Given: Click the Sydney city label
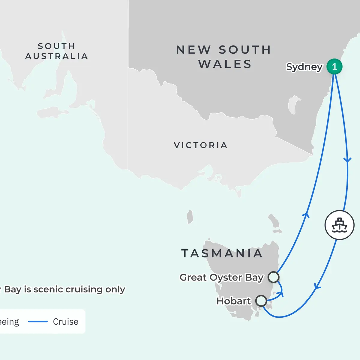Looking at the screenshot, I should coord(304,67).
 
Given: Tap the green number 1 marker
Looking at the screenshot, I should coord(334,66).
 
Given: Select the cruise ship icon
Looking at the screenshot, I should coord(339,225).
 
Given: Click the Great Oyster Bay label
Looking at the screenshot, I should coord(221,277).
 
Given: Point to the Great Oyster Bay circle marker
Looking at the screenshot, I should coord(273,277).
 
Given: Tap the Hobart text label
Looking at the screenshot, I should coord(233,301).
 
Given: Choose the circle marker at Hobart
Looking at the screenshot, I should coord(261,300).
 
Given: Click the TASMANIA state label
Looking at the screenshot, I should coord(222,253).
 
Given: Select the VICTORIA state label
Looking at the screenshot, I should coord(200,145).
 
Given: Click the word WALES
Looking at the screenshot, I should coord(225,64).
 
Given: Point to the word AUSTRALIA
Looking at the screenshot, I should coord(56,56).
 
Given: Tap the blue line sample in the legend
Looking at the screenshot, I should coord(38,322).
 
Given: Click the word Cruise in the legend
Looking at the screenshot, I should coord(66,322).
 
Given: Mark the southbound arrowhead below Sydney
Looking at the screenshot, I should coord(347,160).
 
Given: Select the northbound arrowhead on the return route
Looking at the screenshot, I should coord(306,214).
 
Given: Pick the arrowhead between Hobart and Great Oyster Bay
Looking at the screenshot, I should coord(281,293).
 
